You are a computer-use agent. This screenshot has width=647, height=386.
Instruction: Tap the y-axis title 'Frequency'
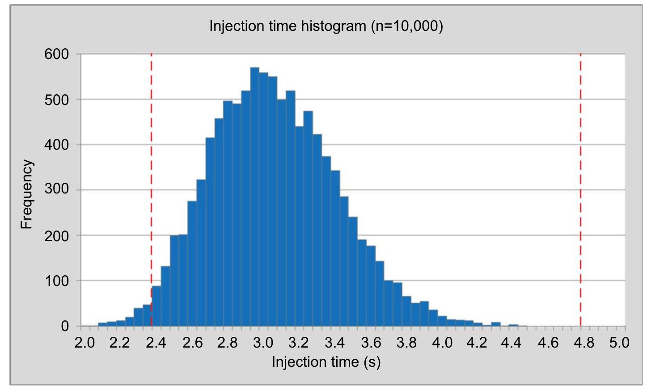[27, 194]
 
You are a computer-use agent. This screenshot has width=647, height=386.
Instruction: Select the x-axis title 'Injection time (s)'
[326, 361]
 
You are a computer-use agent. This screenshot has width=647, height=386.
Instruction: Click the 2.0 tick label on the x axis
[85, 343]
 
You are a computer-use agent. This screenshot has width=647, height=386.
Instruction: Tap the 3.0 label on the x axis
[263, 343]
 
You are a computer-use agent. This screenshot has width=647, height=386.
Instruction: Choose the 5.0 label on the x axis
[620, 343]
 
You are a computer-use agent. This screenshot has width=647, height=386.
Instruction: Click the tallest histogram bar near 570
[255, 197]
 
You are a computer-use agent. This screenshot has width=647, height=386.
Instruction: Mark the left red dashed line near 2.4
[152, 179]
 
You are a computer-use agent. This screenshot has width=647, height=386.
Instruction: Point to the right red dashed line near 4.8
[580, 179]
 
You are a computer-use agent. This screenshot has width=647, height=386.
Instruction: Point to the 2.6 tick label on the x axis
[191, 343]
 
